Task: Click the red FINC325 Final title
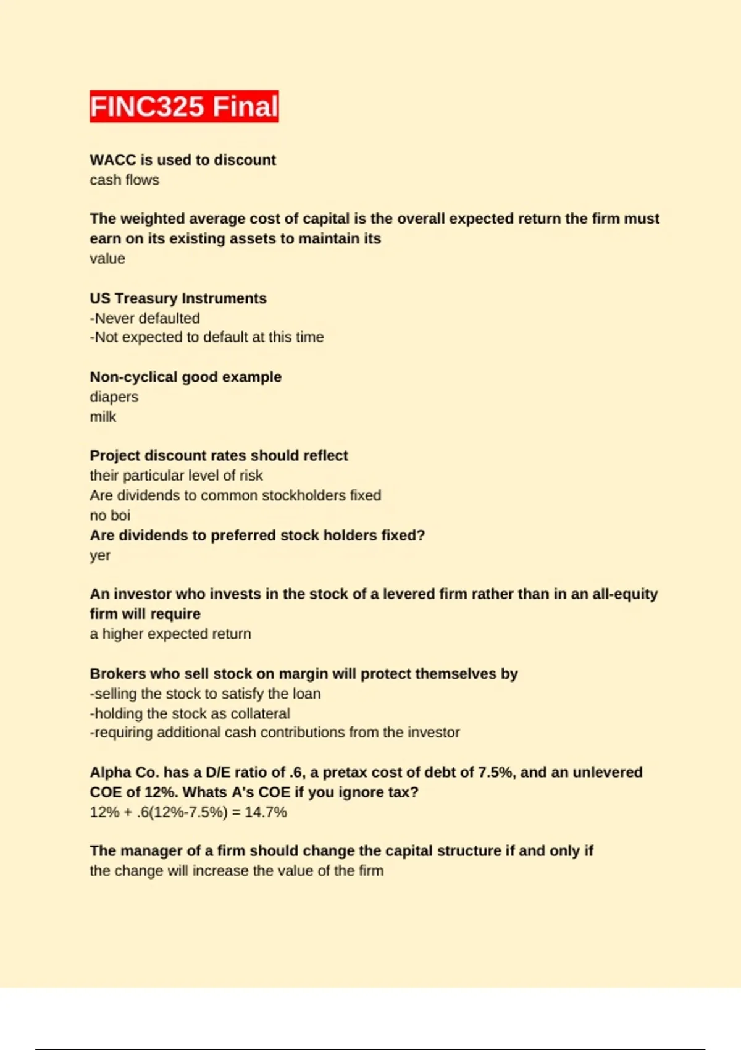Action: pos(184,106)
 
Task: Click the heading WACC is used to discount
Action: pos(183,160)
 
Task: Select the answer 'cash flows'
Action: pos(124,180)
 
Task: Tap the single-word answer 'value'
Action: pos(107,258)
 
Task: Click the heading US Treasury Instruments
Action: pos(178,298)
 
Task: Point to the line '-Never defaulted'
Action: pos(145,318)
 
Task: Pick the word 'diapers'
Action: pos(114,397)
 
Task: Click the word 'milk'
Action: pos(103,417)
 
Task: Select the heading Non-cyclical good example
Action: pos(185,377)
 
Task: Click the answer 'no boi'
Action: pos(110,515)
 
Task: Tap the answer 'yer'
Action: pos(100,555)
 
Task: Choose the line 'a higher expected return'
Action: pos(170,634)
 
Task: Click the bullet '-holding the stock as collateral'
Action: pos(190,713)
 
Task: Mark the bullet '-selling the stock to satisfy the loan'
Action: pos(205,694)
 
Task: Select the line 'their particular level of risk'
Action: pos(176,476)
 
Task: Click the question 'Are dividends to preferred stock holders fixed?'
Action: pos(257,535)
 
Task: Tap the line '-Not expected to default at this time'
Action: pos(207,337)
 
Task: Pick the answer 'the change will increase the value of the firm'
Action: pos(237,871)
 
